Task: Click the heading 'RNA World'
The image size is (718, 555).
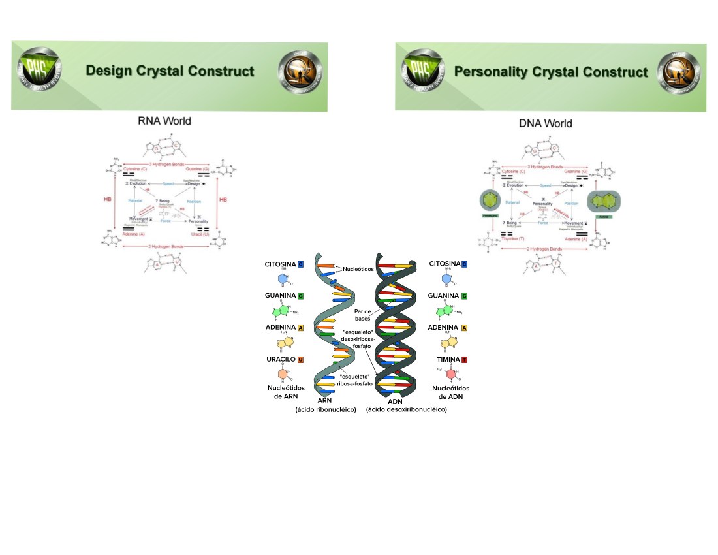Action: [x=164, y=121]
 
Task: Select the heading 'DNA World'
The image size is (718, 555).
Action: [x=545, y=123]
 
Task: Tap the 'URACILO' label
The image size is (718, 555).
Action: [x=280, y=360]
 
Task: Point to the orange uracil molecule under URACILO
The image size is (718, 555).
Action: [x=283, y=375]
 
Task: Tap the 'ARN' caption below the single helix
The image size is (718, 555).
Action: [x=324, y=400]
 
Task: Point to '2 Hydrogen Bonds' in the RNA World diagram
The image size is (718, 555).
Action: [x=164, y=246]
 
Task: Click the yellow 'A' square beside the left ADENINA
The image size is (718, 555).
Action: [x=301, y=328]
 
